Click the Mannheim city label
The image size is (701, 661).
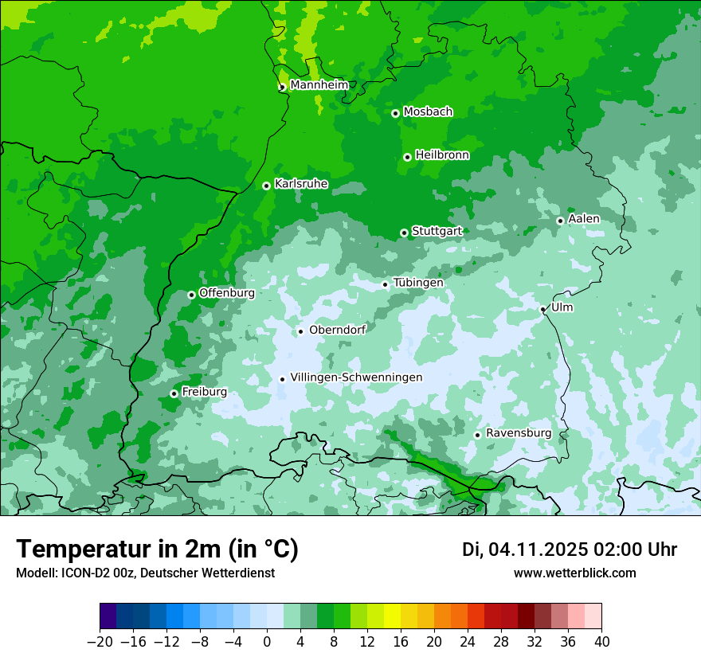pos(319,85)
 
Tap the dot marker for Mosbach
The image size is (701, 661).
pos(395,113)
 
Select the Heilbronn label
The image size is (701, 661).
pos(442,155)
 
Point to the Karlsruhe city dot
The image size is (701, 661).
pos(266,186)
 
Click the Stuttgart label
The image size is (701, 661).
pos(437,231)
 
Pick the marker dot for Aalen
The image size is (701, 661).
pos(560,221)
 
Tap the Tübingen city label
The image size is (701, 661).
pos(418,283)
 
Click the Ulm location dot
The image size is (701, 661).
pos(542,309)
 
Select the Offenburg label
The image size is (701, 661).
pos(227,293)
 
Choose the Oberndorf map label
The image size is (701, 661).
pos(337,330)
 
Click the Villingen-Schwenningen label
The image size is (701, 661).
pos(356,377)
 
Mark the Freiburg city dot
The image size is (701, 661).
pos(174,393)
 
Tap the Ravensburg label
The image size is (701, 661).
pos(519,433)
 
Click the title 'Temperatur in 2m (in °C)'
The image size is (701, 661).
pos(157,549)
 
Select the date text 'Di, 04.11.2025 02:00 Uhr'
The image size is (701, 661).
pos(570,550)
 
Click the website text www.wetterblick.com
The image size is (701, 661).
pos(574,573)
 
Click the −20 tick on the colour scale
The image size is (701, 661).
pos(100,641)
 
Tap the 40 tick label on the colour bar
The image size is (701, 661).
pos(601,641)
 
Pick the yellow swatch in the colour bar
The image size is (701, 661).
pos(392,616)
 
